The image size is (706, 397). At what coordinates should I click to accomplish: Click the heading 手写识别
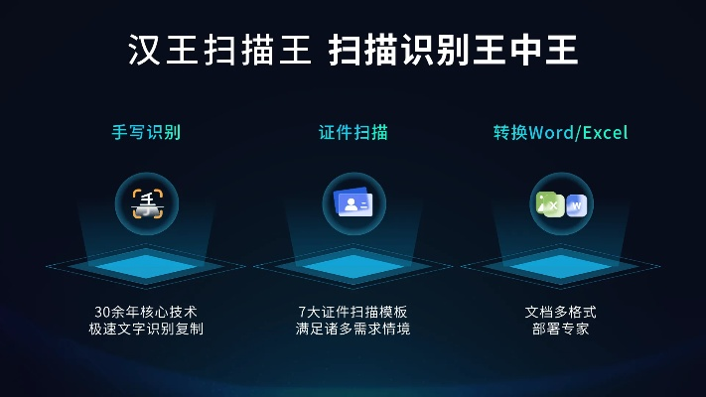point(146,132)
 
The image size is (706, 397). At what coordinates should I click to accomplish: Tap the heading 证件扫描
point(353,132)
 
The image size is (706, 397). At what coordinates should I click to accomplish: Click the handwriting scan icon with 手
point(147,204)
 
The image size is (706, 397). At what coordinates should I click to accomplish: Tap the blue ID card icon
point(353,204)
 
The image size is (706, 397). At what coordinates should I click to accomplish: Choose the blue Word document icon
point(576,205)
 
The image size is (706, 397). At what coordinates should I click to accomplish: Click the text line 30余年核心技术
point(146,311)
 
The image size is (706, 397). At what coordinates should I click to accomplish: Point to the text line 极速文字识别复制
point(146,329)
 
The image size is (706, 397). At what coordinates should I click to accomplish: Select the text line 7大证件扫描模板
point(353,311)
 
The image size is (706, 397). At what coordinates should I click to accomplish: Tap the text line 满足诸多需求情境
point(353,329)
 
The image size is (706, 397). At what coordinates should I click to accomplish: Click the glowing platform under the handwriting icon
point(146,265)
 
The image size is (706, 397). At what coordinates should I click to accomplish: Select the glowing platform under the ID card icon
point(353,265)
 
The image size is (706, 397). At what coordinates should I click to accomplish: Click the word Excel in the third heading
point(605,132)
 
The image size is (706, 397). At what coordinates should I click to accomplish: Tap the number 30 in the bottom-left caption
point(96,311)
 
